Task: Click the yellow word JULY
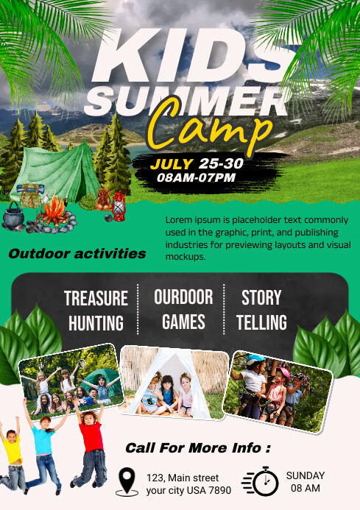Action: (172, 163)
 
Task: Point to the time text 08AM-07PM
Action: (191, 177)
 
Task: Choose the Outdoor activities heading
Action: (77, 254)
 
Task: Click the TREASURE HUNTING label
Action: (96, 311)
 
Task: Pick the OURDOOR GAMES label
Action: (183, 310)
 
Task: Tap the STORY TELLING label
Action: (262, 310)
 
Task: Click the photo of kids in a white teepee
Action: (171, 381)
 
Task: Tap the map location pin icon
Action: (128, 481)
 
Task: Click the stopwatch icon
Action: (262, 481)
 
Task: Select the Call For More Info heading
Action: (197, 447)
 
